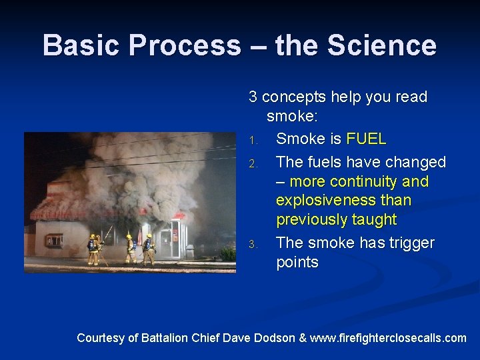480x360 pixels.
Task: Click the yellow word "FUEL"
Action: pos(366,139)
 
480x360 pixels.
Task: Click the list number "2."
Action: pos(253,163)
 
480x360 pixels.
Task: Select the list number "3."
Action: pos(253,244)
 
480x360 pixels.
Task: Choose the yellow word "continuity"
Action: pos(361,181)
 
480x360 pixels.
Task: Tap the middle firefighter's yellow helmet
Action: pos(129,236)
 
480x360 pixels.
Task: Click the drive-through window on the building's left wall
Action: pos(54,240)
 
